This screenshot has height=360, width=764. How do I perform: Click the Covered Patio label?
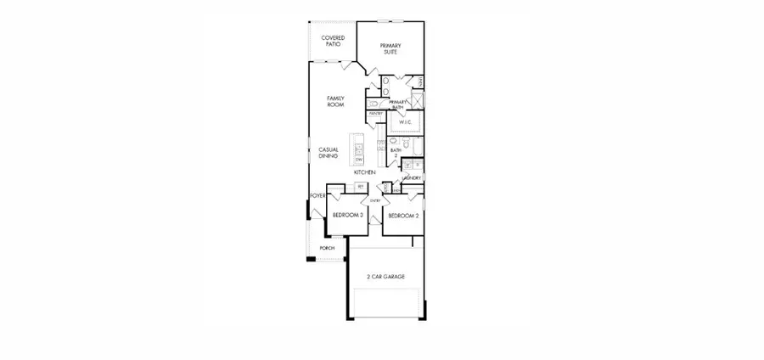click(332, 41)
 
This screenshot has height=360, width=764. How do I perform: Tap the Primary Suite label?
click(389, 48)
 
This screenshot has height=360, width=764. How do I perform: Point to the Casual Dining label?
click(329, 153)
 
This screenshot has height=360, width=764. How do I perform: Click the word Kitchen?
click(365, 172)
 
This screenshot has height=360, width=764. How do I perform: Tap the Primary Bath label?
click(399, 105)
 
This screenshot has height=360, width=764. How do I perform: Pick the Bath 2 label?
click(395, 153)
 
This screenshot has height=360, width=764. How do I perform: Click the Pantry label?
click(375, 113)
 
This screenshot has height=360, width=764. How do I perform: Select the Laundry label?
click(412, 178)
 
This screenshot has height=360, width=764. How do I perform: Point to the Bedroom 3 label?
click(347, 216)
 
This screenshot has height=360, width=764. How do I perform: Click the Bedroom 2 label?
click(403, 216)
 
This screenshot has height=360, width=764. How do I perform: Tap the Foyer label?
click(317, 196)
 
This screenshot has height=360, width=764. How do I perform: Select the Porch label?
click(327, 248)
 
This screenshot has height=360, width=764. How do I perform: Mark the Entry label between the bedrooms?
click(374, 201)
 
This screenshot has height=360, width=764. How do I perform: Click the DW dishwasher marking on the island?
click(359, 159)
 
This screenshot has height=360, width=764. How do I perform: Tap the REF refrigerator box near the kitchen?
click(361, 186)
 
